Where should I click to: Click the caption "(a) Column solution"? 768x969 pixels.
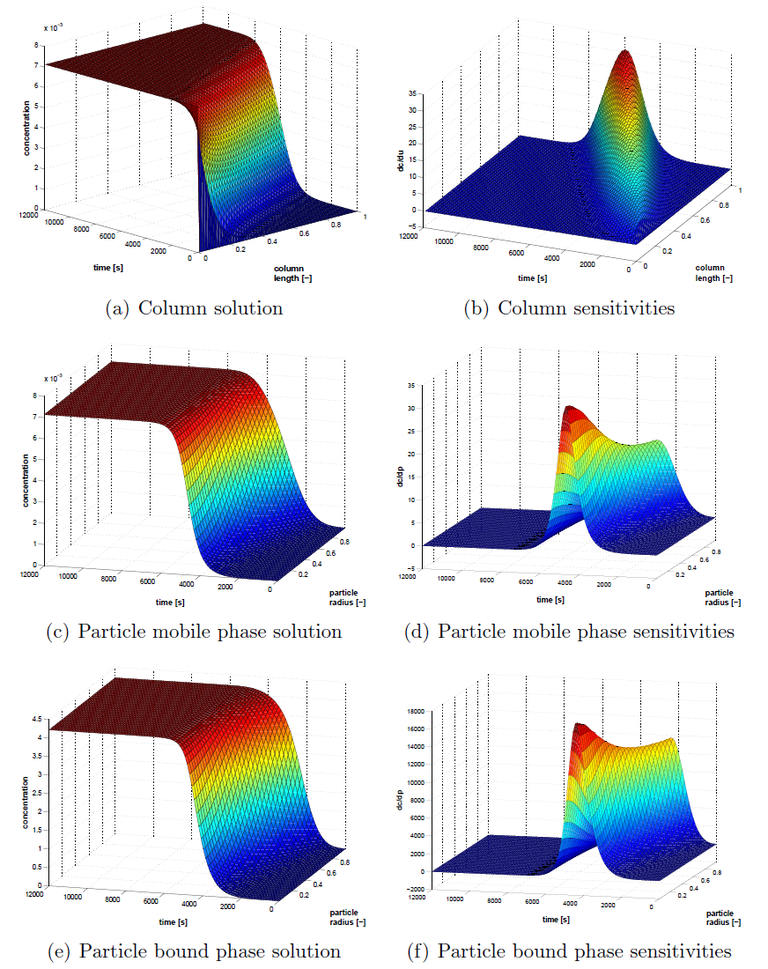(193, 308)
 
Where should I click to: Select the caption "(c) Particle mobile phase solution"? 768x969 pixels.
(193, 632)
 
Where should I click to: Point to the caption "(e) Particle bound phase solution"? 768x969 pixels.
(193, 951)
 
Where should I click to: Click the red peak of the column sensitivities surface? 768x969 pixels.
(625, 57)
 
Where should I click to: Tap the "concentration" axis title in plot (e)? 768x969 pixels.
(27, 802)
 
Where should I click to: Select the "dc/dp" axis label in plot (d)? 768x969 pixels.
(402, 478)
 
